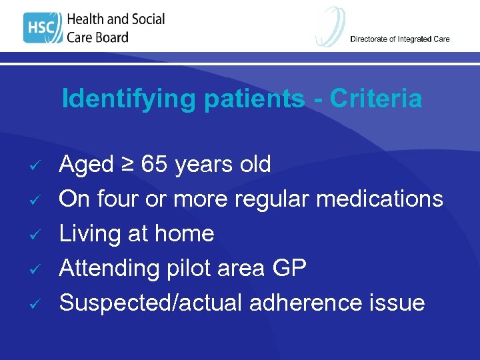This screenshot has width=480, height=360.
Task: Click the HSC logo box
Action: [x=41, y=28]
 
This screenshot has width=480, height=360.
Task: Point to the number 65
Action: [x=155, y=164]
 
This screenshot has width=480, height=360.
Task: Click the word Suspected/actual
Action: [x=151, y=303]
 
